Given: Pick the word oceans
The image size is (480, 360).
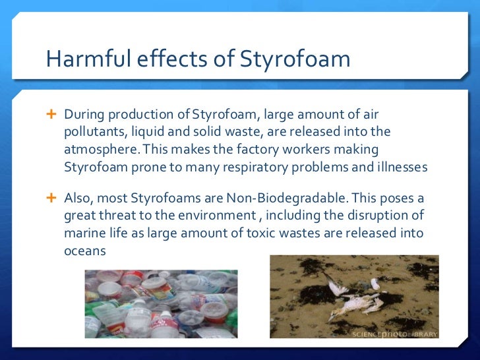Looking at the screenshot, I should (84, 251).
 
